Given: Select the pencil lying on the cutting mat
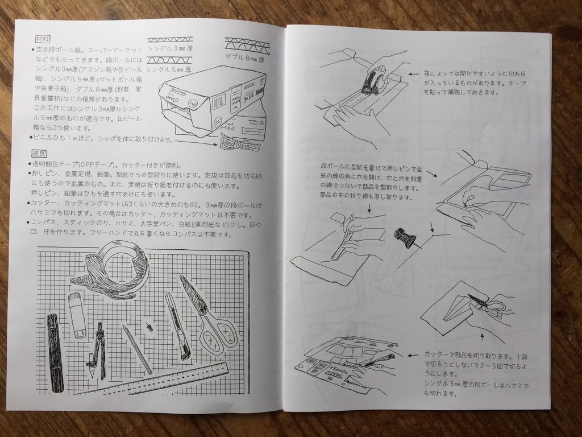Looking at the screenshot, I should tap(138, 349).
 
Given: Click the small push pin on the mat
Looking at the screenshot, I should tap(149, 327).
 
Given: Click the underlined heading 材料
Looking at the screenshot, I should tap(43, 39).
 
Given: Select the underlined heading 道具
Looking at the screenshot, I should tap(39, 154).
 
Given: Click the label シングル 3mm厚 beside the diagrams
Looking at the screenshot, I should tap(171, 49).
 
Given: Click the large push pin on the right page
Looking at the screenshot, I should tap(405, 236).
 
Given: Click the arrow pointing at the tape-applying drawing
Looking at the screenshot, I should tap(413, 73).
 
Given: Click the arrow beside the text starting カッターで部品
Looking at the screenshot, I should tap(414, 355).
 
